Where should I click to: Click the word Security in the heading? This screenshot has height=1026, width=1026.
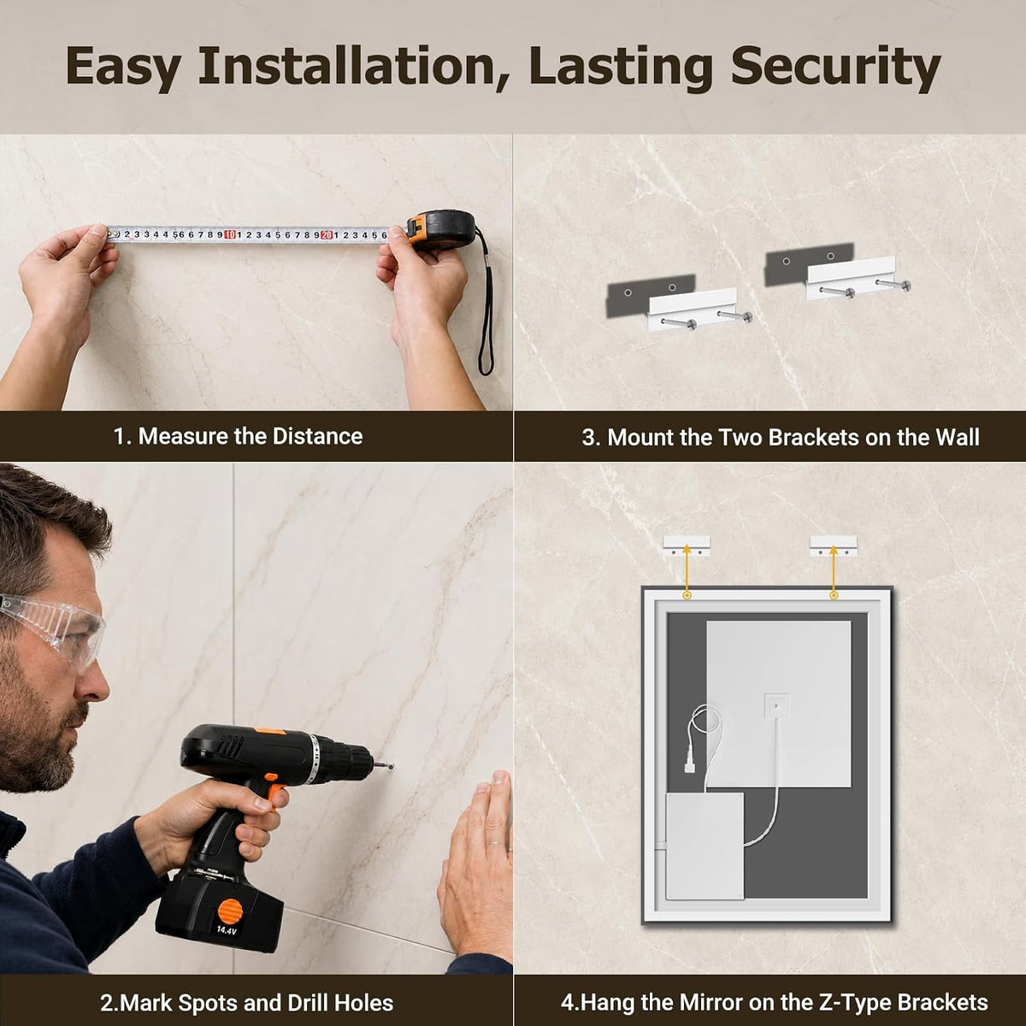[x=834, y=67]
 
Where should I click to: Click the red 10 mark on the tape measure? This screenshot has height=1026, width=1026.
[x=229, y=235]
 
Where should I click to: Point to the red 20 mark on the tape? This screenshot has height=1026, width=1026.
[x=327, y=235]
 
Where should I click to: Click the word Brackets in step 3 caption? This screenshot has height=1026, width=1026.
[x=814, y=438]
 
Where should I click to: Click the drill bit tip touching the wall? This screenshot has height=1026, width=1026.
[x=392, y=767]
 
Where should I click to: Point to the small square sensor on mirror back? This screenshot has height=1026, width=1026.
[x=776, y=705]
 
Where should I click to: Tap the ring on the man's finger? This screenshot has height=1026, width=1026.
[x=496, y=844]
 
